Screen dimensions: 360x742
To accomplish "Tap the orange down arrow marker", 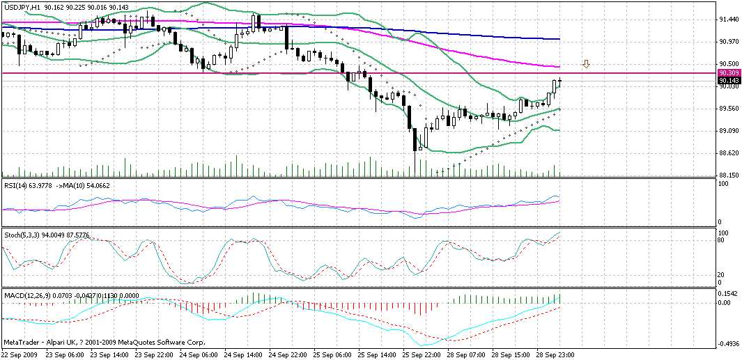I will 587,64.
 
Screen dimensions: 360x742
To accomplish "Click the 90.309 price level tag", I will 729,73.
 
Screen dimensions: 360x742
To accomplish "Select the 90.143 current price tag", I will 729,80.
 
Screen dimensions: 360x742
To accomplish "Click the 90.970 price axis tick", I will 729,42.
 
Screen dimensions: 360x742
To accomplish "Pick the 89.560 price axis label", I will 729,109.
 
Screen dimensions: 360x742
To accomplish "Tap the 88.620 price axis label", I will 729,153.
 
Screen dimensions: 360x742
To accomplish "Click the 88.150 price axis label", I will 729,175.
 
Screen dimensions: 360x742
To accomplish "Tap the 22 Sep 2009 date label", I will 20,354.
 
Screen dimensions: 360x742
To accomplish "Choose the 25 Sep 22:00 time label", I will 422,354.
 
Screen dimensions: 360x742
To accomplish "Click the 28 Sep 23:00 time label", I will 555,354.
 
